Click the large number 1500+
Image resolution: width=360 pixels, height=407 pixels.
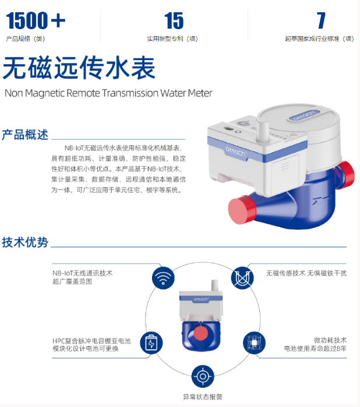coord(36,20)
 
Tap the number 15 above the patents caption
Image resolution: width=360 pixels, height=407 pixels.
coord(174,20)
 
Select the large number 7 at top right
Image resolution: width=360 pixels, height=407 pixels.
coord(321,20)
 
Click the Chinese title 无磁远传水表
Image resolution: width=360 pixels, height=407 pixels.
coord(79,68)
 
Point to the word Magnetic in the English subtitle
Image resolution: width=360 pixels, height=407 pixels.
coord(45,93)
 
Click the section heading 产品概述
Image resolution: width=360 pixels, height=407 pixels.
coord(25,135)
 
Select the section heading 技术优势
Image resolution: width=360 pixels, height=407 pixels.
coord(25,242)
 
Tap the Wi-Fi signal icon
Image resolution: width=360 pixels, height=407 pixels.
coord(163,278)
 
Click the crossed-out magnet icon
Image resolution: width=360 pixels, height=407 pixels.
coord(242,278)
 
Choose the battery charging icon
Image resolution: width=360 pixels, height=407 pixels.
coord(151,343)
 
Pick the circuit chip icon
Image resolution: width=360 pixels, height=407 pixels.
coord(254,343)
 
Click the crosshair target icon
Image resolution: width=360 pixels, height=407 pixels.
coord(203,376)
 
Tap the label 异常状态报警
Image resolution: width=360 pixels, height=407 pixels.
coord(203,397)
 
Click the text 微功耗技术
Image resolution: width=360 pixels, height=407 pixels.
coord(330,340)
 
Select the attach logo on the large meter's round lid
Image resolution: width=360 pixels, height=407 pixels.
coord(304,115)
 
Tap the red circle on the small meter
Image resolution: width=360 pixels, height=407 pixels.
coord(200,334)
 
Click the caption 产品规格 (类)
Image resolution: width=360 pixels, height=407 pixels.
coord(26,38)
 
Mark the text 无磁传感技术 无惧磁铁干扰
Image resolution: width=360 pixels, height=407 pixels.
coord(306,273)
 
